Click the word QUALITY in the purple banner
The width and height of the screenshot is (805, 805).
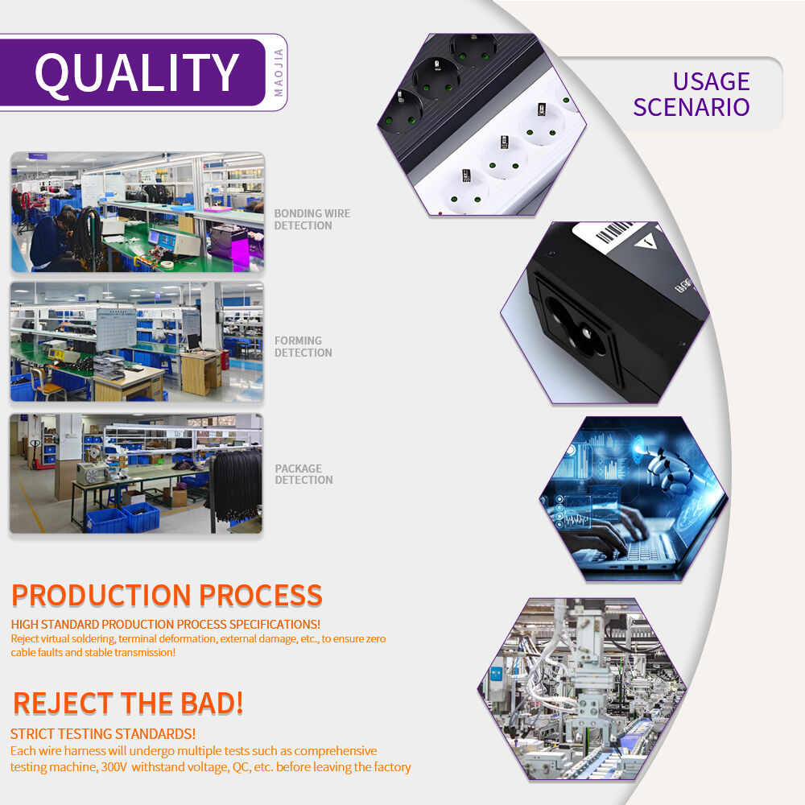click(137, 73)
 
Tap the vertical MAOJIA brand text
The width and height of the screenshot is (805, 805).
click(279, 72)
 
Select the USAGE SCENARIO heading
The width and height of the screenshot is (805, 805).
click(691, 94)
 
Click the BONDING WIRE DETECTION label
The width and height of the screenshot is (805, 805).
click(312, 219)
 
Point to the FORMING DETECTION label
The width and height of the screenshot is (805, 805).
click(303, 346)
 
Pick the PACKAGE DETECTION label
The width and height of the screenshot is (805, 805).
click(303, 474)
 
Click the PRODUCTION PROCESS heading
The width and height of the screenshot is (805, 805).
click(167, 595)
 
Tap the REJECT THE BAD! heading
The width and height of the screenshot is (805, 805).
click(128, 703)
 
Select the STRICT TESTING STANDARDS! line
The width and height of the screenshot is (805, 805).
click(103, 733)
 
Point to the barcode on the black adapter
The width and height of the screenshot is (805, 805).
click(613, 231)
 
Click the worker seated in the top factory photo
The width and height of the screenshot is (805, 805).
click(52, 239)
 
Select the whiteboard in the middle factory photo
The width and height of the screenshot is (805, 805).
click(117, 328)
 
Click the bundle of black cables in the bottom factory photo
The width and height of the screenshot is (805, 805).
click(235, 485)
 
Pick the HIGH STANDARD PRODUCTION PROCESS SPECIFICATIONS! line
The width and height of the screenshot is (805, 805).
click(165, 625)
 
